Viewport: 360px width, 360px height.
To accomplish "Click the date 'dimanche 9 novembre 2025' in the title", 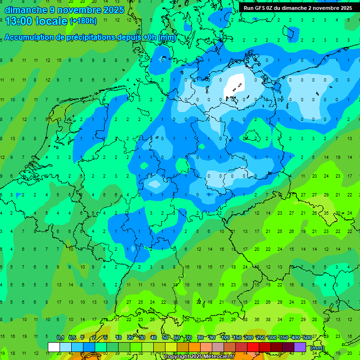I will (64, 10).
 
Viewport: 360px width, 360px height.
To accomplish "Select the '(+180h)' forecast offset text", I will (83, 21).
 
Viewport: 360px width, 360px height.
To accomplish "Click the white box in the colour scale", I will (54, 347).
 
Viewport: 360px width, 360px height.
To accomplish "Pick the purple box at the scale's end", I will (300, 347).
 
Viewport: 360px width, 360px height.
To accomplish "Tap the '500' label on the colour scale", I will (307, 338).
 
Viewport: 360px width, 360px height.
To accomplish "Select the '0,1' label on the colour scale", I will (60, 338).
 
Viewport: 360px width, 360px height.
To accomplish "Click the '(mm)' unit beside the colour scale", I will (317, 348).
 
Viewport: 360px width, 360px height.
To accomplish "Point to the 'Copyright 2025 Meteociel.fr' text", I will (199, 357).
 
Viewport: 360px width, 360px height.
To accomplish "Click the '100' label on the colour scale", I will (225, 338).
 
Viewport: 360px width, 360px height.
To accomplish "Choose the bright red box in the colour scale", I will (253, 347).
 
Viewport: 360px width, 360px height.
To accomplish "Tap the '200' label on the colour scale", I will (248, 338).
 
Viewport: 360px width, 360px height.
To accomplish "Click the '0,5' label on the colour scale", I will (72, 338).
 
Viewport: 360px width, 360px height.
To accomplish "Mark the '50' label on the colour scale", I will (165, 338).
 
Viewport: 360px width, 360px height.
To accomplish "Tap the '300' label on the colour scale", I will (272, 338).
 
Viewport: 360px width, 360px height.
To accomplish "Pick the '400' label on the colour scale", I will (295, 338).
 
